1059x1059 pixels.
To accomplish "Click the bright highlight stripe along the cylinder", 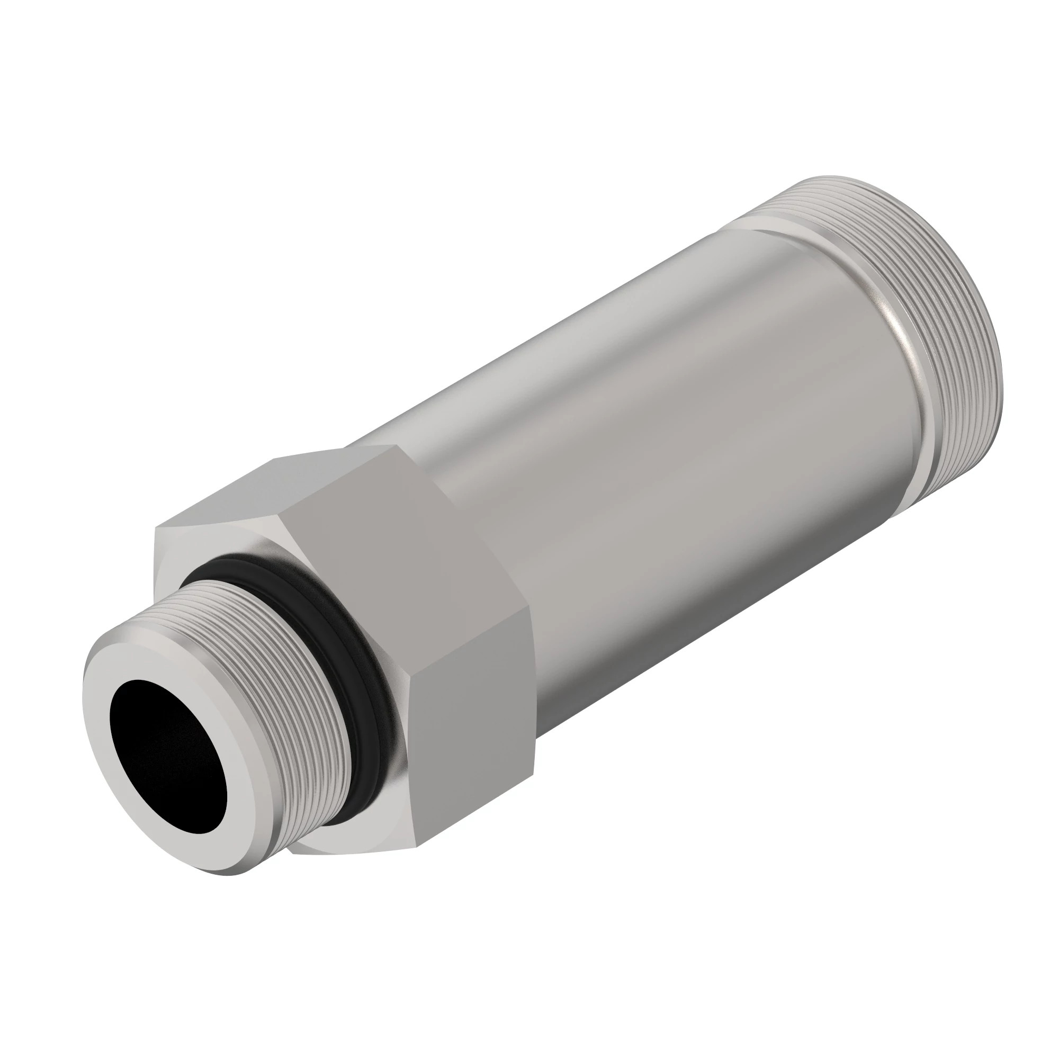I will (x=603, y=351).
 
